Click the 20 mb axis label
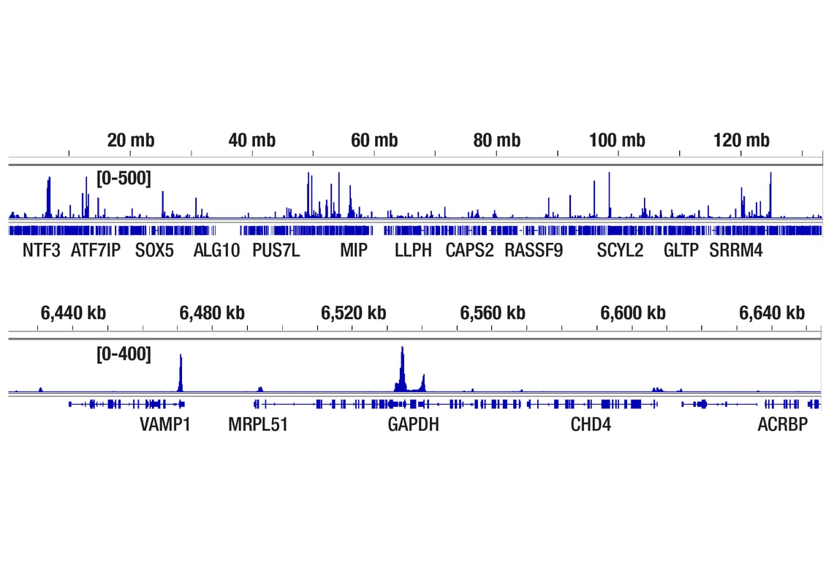[x=130, y=140]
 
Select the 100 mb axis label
[x=617, y=140]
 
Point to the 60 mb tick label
[x=374, y=140]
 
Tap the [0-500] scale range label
[x=124, y=179]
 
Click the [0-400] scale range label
[x=124, y=355]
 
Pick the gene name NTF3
[x=42, y=251]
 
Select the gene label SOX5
[x=154, y=251]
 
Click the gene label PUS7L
[x=276, y=251]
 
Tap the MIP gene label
[x=354, y=251]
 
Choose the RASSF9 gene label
[x=534, y=251]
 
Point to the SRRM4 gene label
[x=736, y=251]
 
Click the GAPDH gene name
[x=414, y=424]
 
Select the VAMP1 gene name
[x=165, y=424]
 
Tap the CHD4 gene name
[x=591, y=424]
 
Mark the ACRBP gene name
[x=783, y=424]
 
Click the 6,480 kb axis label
[x=212, y=313]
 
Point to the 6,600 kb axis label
[x=633, y=313]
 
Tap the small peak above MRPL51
[x=260, y=389]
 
